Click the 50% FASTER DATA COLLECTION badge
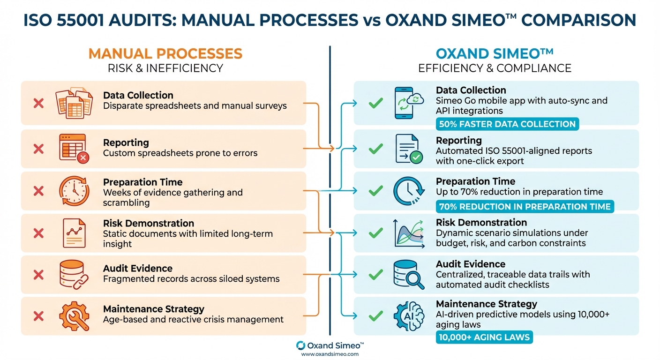click(x=508, y=124)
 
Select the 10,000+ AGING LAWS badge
click(x=484, y=337)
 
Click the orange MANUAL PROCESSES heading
click(x=165, y=53)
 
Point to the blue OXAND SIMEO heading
click(x=494, y=53)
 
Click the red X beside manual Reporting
click(x=38, y=149)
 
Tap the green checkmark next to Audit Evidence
click(x=375, y=274)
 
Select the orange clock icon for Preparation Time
click(x=74, y=190)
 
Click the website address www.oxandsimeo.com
click(x=330, y=354)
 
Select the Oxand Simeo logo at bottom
click(x=330, y=345)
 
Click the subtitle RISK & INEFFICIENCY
click(x=165, y=68)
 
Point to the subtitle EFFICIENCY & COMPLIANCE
click(x=494, y=68)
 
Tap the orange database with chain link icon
click(x=73, y=274)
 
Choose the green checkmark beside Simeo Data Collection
click(x=375, y=103)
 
